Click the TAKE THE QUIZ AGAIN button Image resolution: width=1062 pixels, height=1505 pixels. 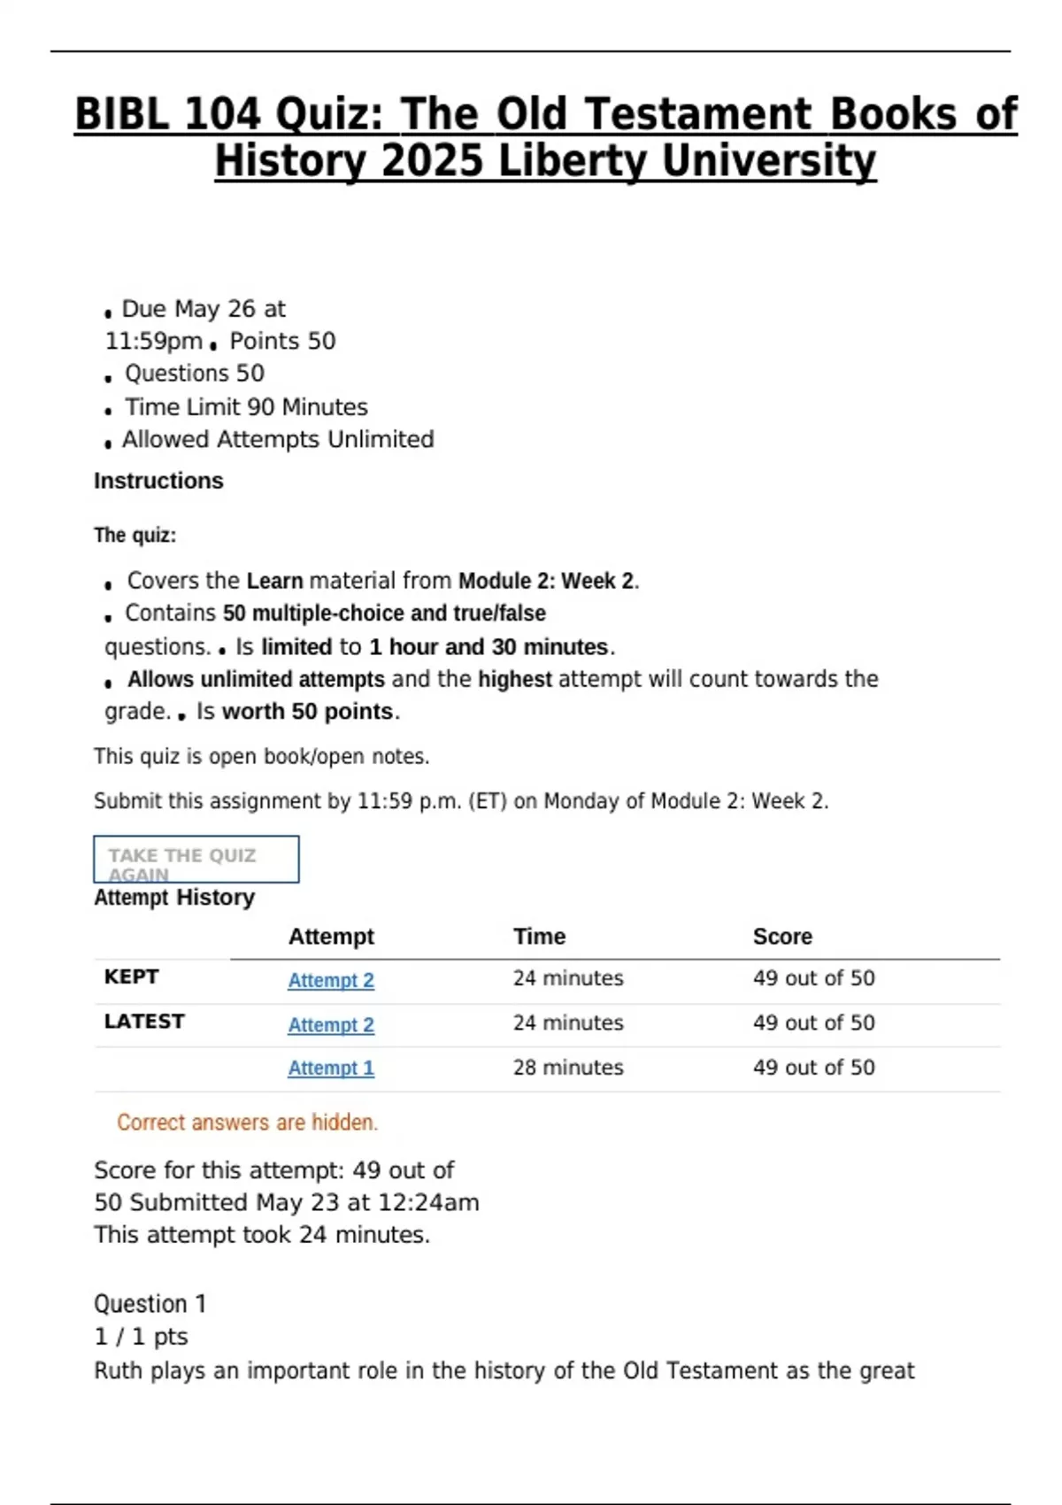[196, 859]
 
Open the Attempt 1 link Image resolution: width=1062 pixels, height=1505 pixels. [331, 1068]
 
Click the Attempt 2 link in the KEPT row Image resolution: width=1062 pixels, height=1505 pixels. [331, 980]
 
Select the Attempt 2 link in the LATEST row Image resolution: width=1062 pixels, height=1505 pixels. [331, 1024]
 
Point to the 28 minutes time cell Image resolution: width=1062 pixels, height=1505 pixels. [568, 1067]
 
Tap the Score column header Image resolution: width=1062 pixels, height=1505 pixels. [782, 936]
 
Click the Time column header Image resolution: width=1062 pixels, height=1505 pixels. [539, 936]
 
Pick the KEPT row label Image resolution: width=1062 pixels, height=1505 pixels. [131, 976]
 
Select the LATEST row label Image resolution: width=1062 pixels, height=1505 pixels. [144, 1021]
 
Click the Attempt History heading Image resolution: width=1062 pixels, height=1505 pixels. [174, 897]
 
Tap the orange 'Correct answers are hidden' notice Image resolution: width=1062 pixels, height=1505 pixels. [247, 1122]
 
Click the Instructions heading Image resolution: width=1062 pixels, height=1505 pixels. [158, 481]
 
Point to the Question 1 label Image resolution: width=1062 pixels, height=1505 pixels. [150, 1303]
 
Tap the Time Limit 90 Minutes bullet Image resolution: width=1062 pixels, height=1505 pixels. [246, 406]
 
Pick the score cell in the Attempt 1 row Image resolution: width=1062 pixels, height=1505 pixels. [813, 1067]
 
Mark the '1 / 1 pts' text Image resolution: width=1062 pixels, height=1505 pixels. [141, 1337]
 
